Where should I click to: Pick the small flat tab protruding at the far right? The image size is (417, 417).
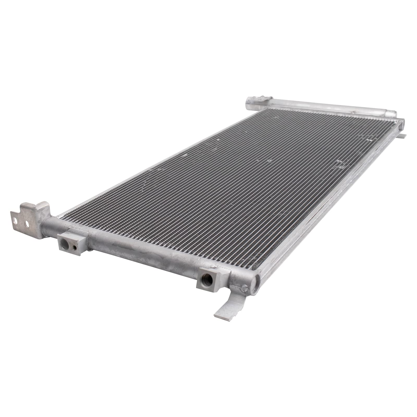coord(403,135)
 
